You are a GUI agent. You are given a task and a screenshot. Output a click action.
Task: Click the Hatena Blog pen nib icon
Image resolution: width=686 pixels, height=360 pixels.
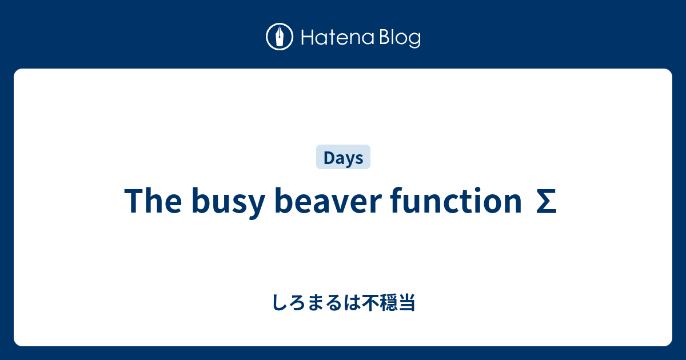280,37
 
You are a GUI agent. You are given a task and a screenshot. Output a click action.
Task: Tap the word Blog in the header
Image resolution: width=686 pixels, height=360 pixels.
399,39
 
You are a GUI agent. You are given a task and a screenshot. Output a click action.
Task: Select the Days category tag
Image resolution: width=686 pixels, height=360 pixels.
343,158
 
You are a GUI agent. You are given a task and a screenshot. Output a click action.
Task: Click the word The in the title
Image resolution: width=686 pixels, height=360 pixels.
153,202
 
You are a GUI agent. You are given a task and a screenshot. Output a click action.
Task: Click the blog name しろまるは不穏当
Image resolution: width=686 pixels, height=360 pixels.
343,303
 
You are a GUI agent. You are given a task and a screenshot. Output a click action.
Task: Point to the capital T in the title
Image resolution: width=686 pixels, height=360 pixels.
133,202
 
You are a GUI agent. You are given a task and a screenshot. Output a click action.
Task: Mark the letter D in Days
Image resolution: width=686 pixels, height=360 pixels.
328,158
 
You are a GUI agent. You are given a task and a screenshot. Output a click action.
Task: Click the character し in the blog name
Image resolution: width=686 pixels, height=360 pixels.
278,303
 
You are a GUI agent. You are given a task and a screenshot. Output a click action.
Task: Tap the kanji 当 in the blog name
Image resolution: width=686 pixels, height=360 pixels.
408,303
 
